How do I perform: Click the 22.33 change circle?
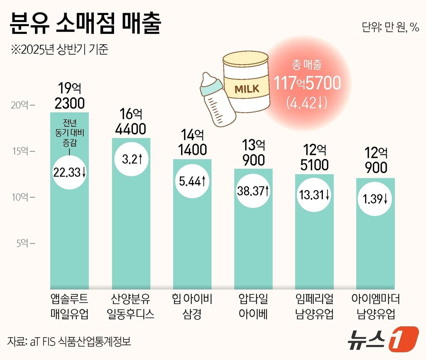click(x=70, y=172)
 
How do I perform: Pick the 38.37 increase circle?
click(x=253, y=191)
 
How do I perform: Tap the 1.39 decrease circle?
click(x=375, y=199)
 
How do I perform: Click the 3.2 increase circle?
click(x=131, y=159)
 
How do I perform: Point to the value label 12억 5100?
click(x=314, y=157)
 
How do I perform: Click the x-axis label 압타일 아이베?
click(x=253, y=306)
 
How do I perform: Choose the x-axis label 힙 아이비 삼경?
click(x=192, y=306)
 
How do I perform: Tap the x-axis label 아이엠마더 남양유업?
click(x=375, y=306)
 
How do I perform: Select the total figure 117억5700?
click(x=307, y=83)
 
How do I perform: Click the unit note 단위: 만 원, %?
click(x=390, y=27)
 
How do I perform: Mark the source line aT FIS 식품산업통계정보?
click(x=69, y=341)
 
